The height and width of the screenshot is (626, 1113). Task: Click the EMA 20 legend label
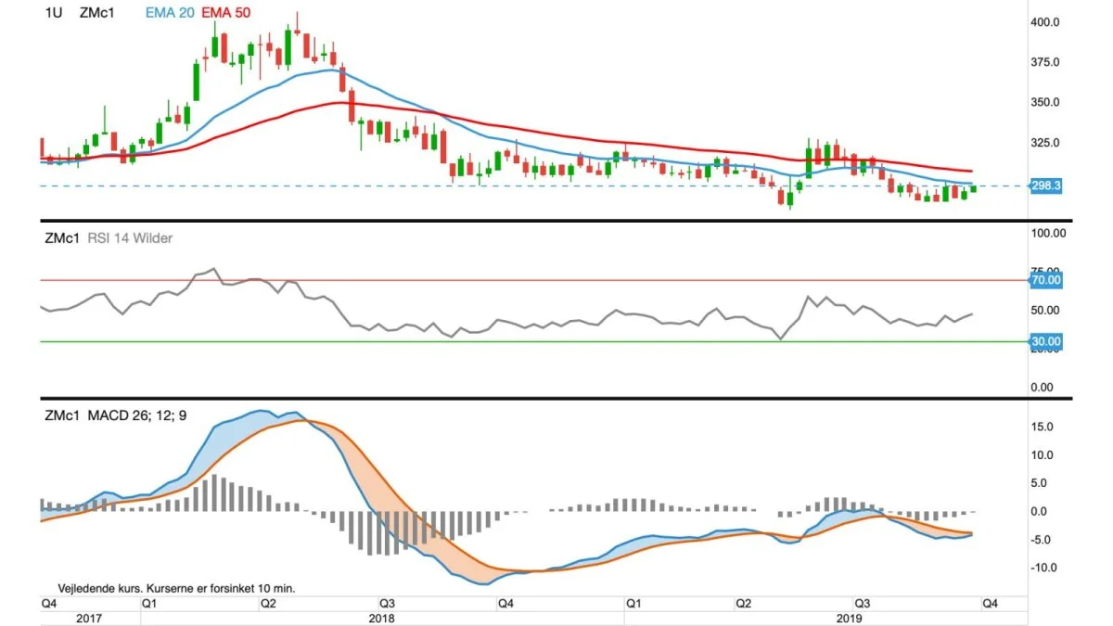click(170, 13)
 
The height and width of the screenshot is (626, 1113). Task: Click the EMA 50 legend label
click(225, 13)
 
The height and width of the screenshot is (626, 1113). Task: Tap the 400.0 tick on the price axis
click(1045, 22)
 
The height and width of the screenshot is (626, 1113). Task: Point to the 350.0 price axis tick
click(1045, 102)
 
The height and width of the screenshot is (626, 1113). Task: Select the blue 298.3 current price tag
click(1046, 185)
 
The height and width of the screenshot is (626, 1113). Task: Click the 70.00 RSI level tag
click(1046, 280)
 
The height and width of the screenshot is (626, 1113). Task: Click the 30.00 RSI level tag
click(1046, 342)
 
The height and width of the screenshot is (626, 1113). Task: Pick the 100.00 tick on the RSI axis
click(1048, 233)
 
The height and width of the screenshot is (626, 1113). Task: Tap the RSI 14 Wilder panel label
click(130, 238)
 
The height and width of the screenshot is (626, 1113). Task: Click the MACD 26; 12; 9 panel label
click(137, 415)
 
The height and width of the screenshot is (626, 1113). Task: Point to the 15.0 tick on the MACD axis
click(1042, 427)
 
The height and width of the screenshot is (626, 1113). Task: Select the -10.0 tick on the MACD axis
click(1043, 568)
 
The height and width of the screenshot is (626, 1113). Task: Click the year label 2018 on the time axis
click(381, 619)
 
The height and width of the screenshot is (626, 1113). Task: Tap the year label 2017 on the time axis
click(89, 619)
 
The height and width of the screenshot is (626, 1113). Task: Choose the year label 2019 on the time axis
click(850, 619)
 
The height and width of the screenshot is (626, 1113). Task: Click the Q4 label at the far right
click(990, 604)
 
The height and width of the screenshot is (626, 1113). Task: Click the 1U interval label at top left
click(54, 13)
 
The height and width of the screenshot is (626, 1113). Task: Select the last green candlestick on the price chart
click(973, 189)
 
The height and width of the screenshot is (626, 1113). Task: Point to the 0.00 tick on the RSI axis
click(1042, 388)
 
